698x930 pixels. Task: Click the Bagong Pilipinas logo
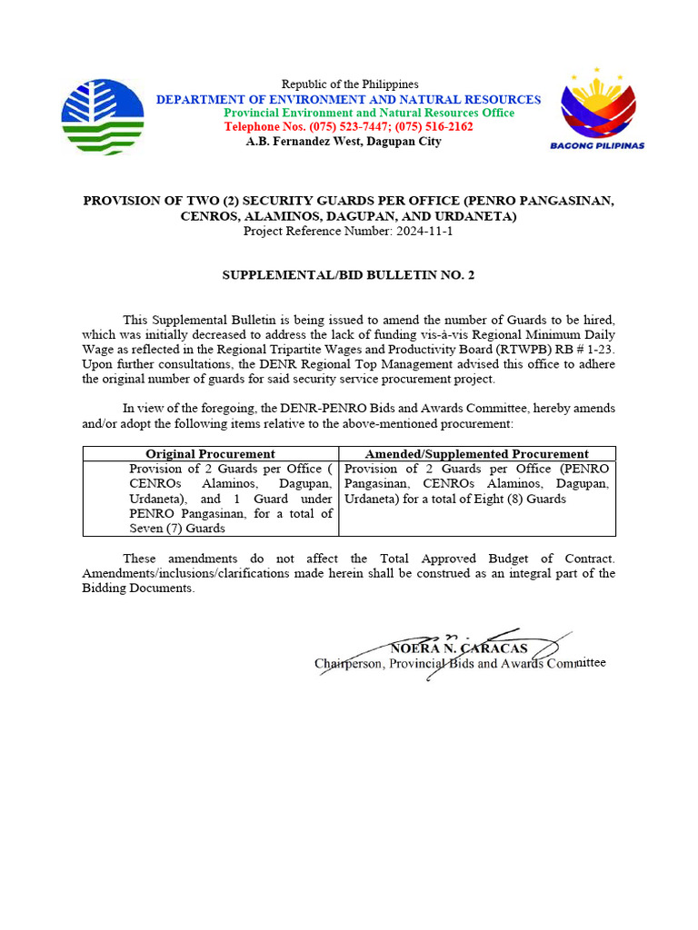click(597, 109)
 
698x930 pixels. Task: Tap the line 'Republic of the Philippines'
click(349, 84)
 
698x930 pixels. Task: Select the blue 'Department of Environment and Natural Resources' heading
click(348, 100)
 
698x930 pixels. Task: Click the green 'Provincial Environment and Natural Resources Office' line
click(369, 113)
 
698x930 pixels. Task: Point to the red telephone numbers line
click(349, 127)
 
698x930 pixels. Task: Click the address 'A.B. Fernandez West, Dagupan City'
click(344, 142)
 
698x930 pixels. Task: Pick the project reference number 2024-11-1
click(424, 232)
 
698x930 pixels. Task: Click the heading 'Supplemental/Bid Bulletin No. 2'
click(349, 273)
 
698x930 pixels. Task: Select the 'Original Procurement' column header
click(210, 454)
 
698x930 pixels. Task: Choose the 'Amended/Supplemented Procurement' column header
click(476, 454)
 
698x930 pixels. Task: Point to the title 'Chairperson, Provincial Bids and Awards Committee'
click(459, 664)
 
